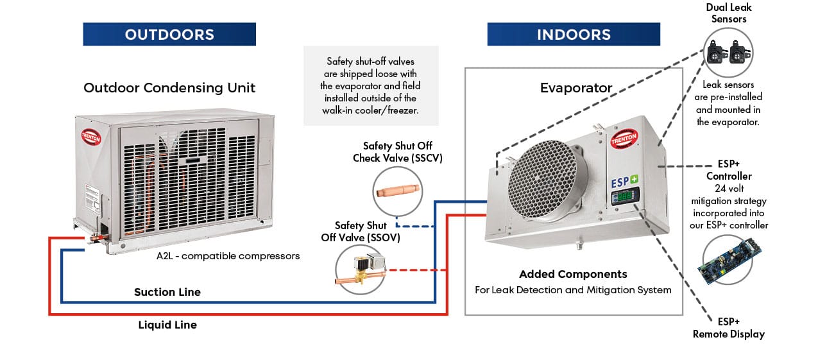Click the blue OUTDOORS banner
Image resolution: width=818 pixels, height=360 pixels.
[x=169, y=34]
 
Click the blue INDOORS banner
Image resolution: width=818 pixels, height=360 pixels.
[x=573, y=34]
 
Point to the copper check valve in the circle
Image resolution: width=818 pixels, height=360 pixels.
[x=396, y=191]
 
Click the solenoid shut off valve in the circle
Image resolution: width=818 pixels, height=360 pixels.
[x=360, y=270]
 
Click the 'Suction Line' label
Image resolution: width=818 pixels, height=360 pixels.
[x=167, y=292]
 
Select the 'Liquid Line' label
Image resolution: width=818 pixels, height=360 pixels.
[x=167, y=325]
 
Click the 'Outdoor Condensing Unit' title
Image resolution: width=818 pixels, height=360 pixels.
[x=169, y=88]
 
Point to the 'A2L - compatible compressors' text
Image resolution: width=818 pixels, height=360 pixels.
[x=228, y=256]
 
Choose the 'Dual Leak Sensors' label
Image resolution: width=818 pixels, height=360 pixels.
[x=728, y=13]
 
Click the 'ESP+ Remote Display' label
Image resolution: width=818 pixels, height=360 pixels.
[x=728, y=327]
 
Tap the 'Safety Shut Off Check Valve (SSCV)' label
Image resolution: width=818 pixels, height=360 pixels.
[x=398, y=151]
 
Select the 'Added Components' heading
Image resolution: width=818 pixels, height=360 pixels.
[x=573, y=274]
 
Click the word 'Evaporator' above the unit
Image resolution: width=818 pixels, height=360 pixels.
[x=575, y=88]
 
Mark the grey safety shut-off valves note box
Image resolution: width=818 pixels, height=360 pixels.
[x=371, y=85]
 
